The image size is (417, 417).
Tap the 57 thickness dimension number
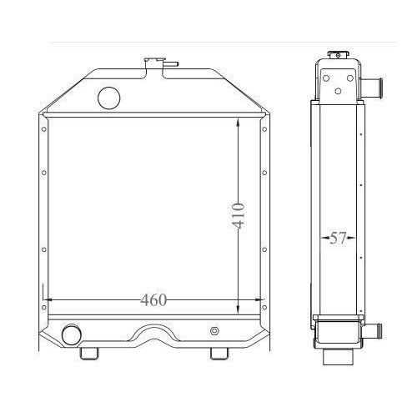338,239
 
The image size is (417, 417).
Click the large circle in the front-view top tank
109,98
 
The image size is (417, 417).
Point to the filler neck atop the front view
155,61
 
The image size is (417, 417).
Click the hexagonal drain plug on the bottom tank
216,331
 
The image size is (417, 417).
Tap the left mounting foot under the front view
88,354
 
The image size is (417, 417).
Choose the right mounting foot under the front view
218,354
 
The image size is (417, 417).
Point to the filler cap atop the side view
338,56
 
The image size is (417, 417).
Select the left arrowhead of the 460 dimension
47,299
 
